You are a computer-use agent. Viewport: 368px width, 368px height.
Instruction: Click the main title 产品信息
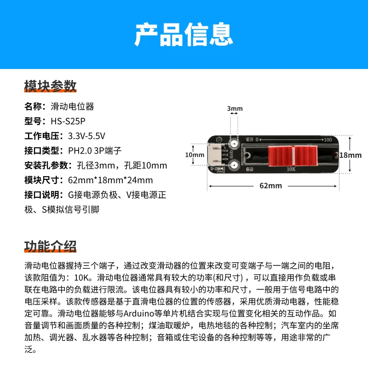184,34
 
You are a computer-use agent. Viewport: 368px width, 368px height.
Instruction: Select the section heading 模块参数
50,86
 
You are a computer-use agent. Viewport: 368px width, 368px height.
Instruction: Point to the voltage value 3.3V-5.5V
86,136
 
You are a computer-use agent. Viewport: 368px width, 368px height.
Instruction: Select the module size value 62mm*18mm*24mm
110,180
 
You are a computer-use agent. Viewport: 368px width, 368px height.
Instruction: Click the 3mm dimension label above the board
235,109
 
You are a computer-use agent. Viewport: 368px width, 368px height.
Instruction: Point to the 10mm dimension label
195,155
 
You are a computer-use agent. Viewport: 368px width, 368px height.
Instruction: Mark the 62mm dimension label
270,186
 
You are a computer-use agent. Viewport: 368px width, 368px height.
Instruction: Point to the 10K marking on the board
291,169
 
